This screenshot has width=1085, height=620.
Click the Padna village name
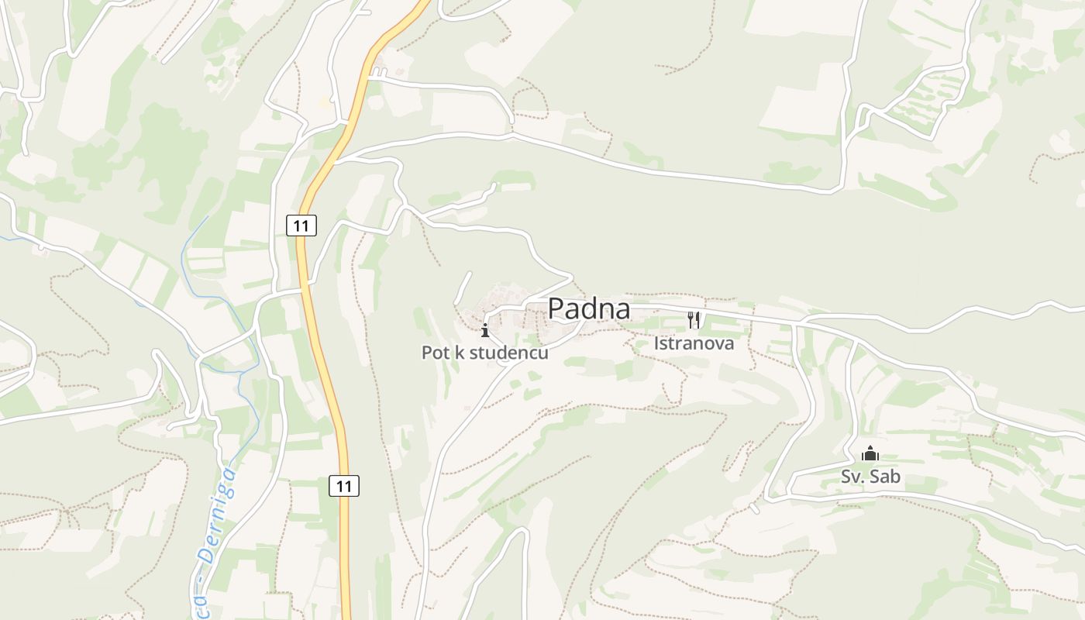coord(589,308)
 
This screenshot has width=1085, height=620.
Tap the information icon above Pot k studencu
coord(485,331)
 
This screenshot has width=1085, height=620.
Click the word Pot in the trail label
coord(435,353)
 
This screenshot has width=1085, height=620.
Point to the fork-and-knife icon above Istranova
coord(694,319)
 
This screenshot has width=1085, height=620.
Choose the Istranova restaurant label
coord(694,343)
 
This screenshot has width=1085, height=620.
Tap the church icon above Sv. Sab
coord(870,453)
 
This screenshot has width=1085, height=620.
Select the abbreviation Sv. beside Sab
coord(852,476)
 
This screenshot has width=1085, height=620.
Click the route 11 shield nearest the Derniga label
coord(344,486)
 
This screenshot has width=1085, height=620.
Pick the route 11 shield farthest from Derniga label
coord(301,226)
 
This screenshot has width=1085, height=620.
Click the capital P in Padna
coord(556,308)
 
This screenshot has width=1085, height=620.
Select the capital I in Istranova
coord(657,343)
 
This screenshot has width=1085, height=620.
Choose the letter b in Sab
coord(895,476)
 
